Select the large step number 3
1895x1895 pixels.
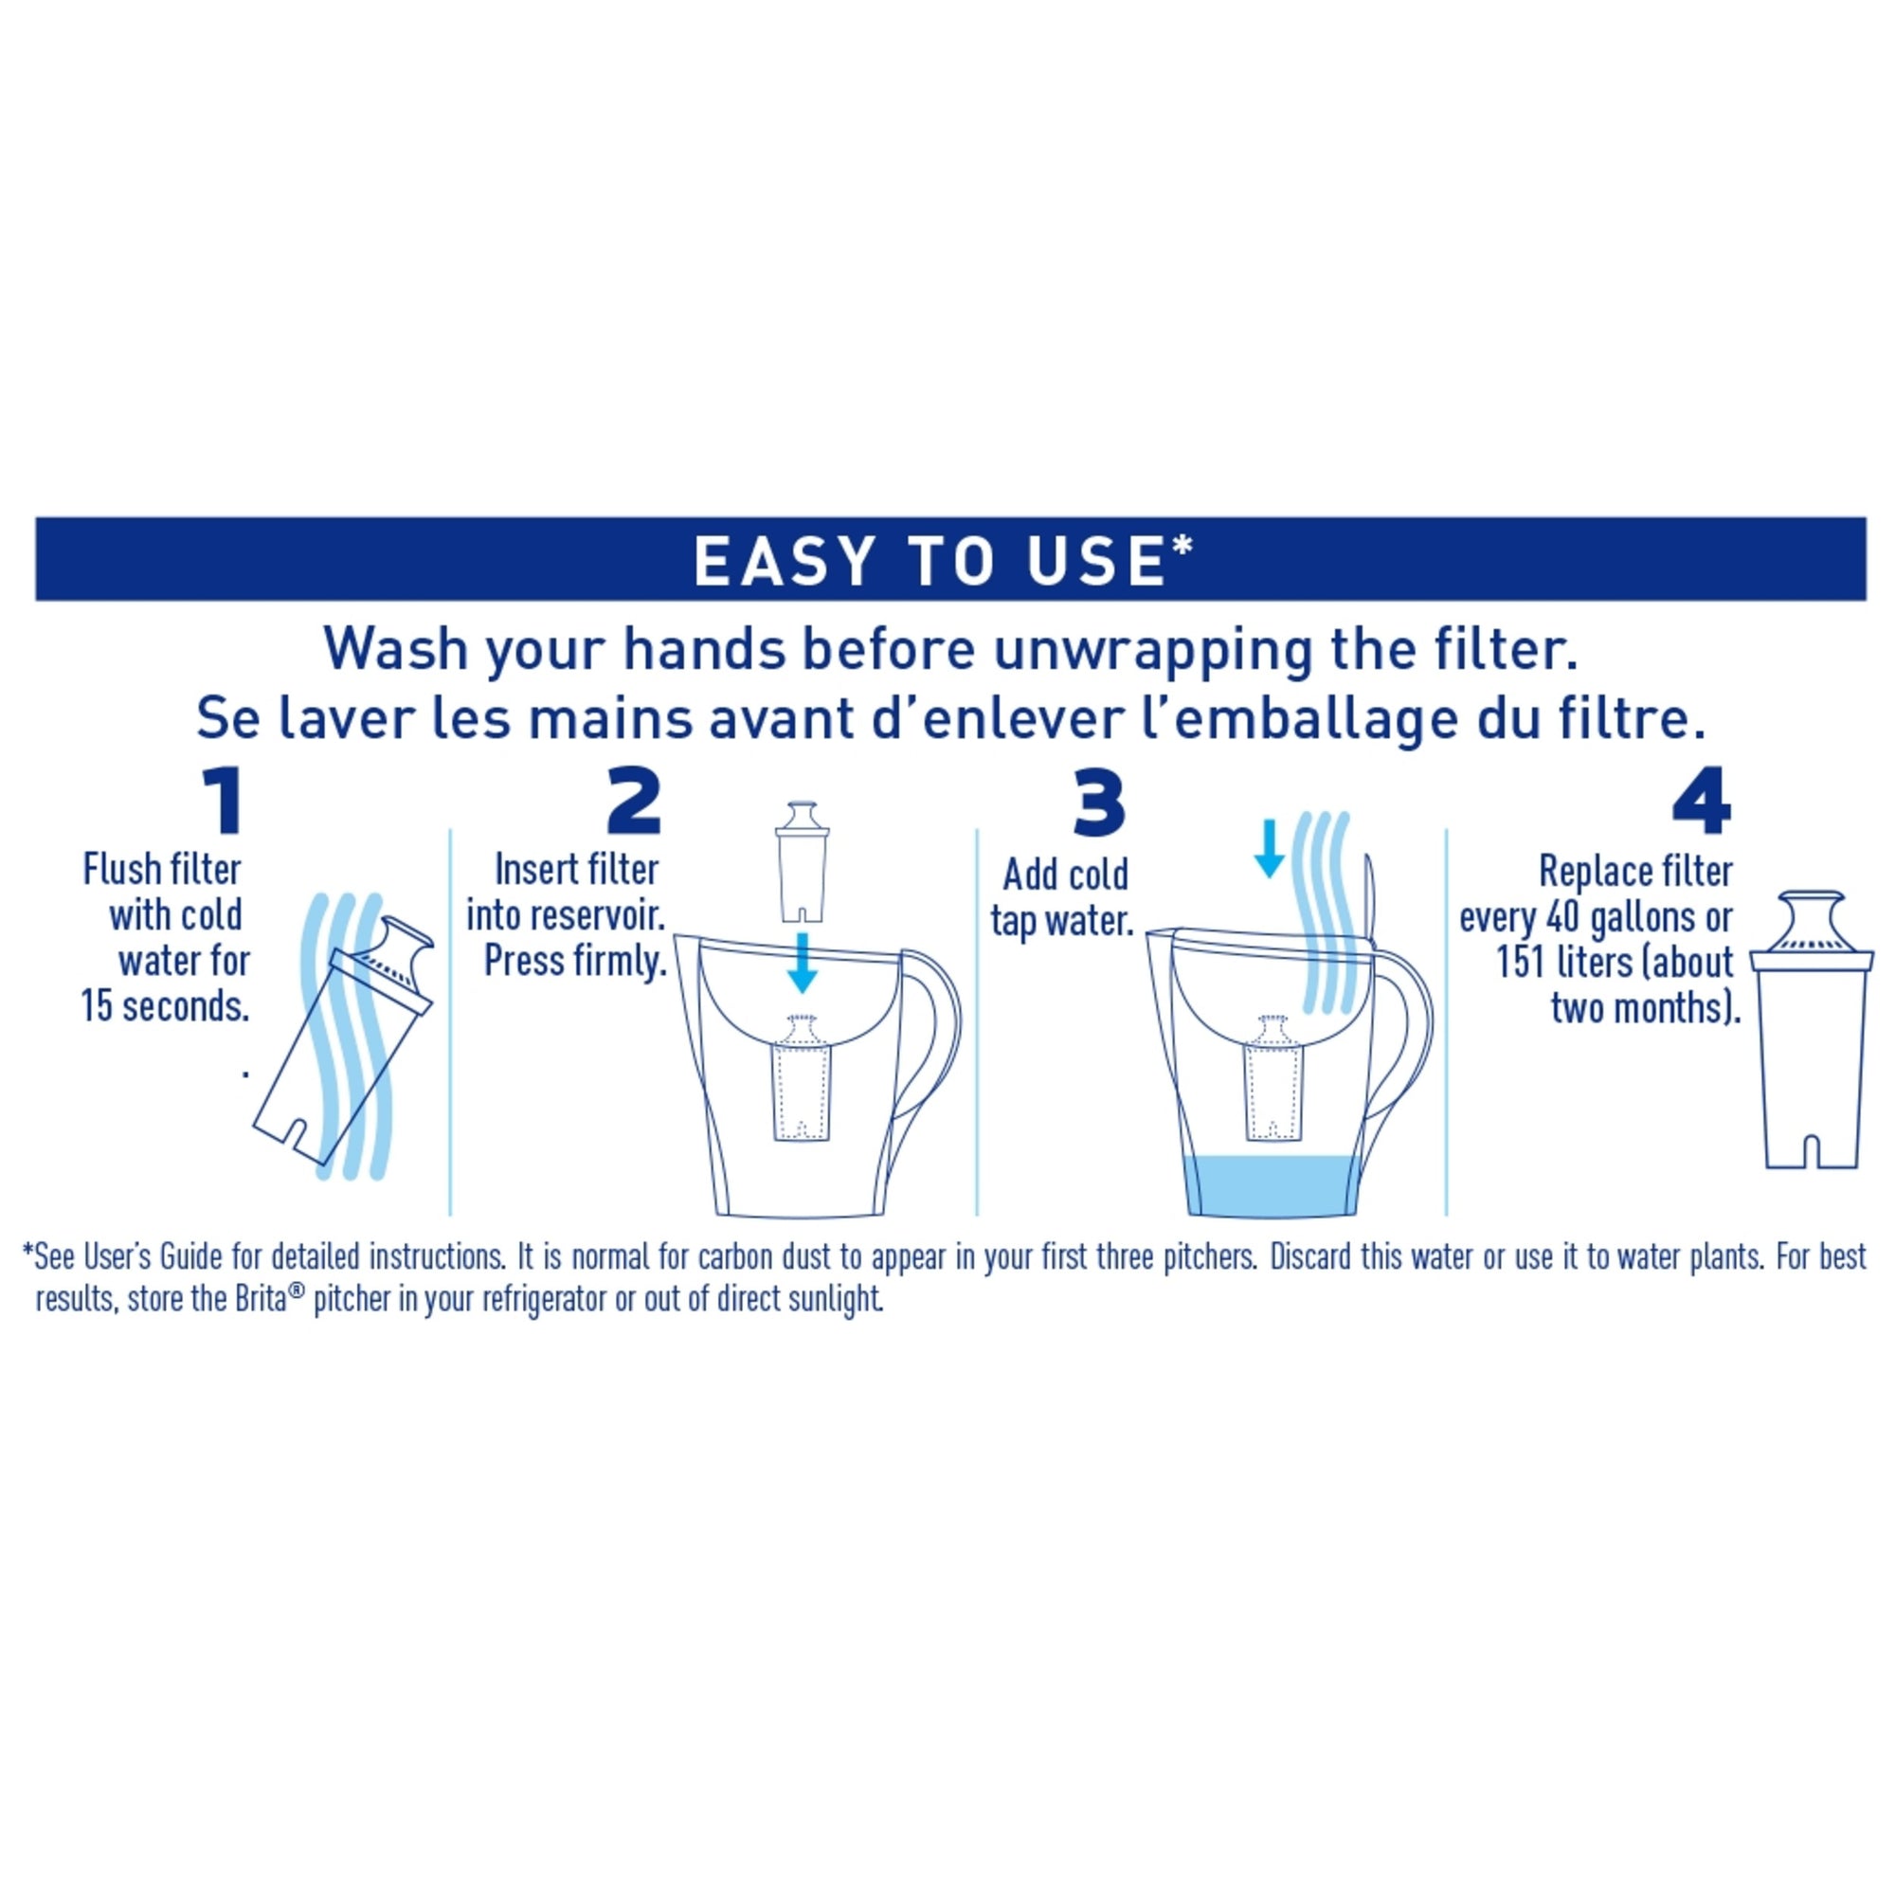(1097, 803)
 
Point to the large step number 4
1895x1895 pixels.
(1702, 803)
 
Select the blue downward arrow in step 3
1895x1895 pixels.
(1270, 847)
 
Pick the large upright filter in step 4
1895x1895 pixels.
(1811, 1039)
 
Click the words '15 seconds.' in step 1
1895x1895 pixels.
(165, 1006)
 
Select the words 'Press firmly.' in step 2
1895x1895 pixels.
(575, 961)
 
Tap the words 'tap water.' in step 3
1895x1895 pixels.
(1061, 921)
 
